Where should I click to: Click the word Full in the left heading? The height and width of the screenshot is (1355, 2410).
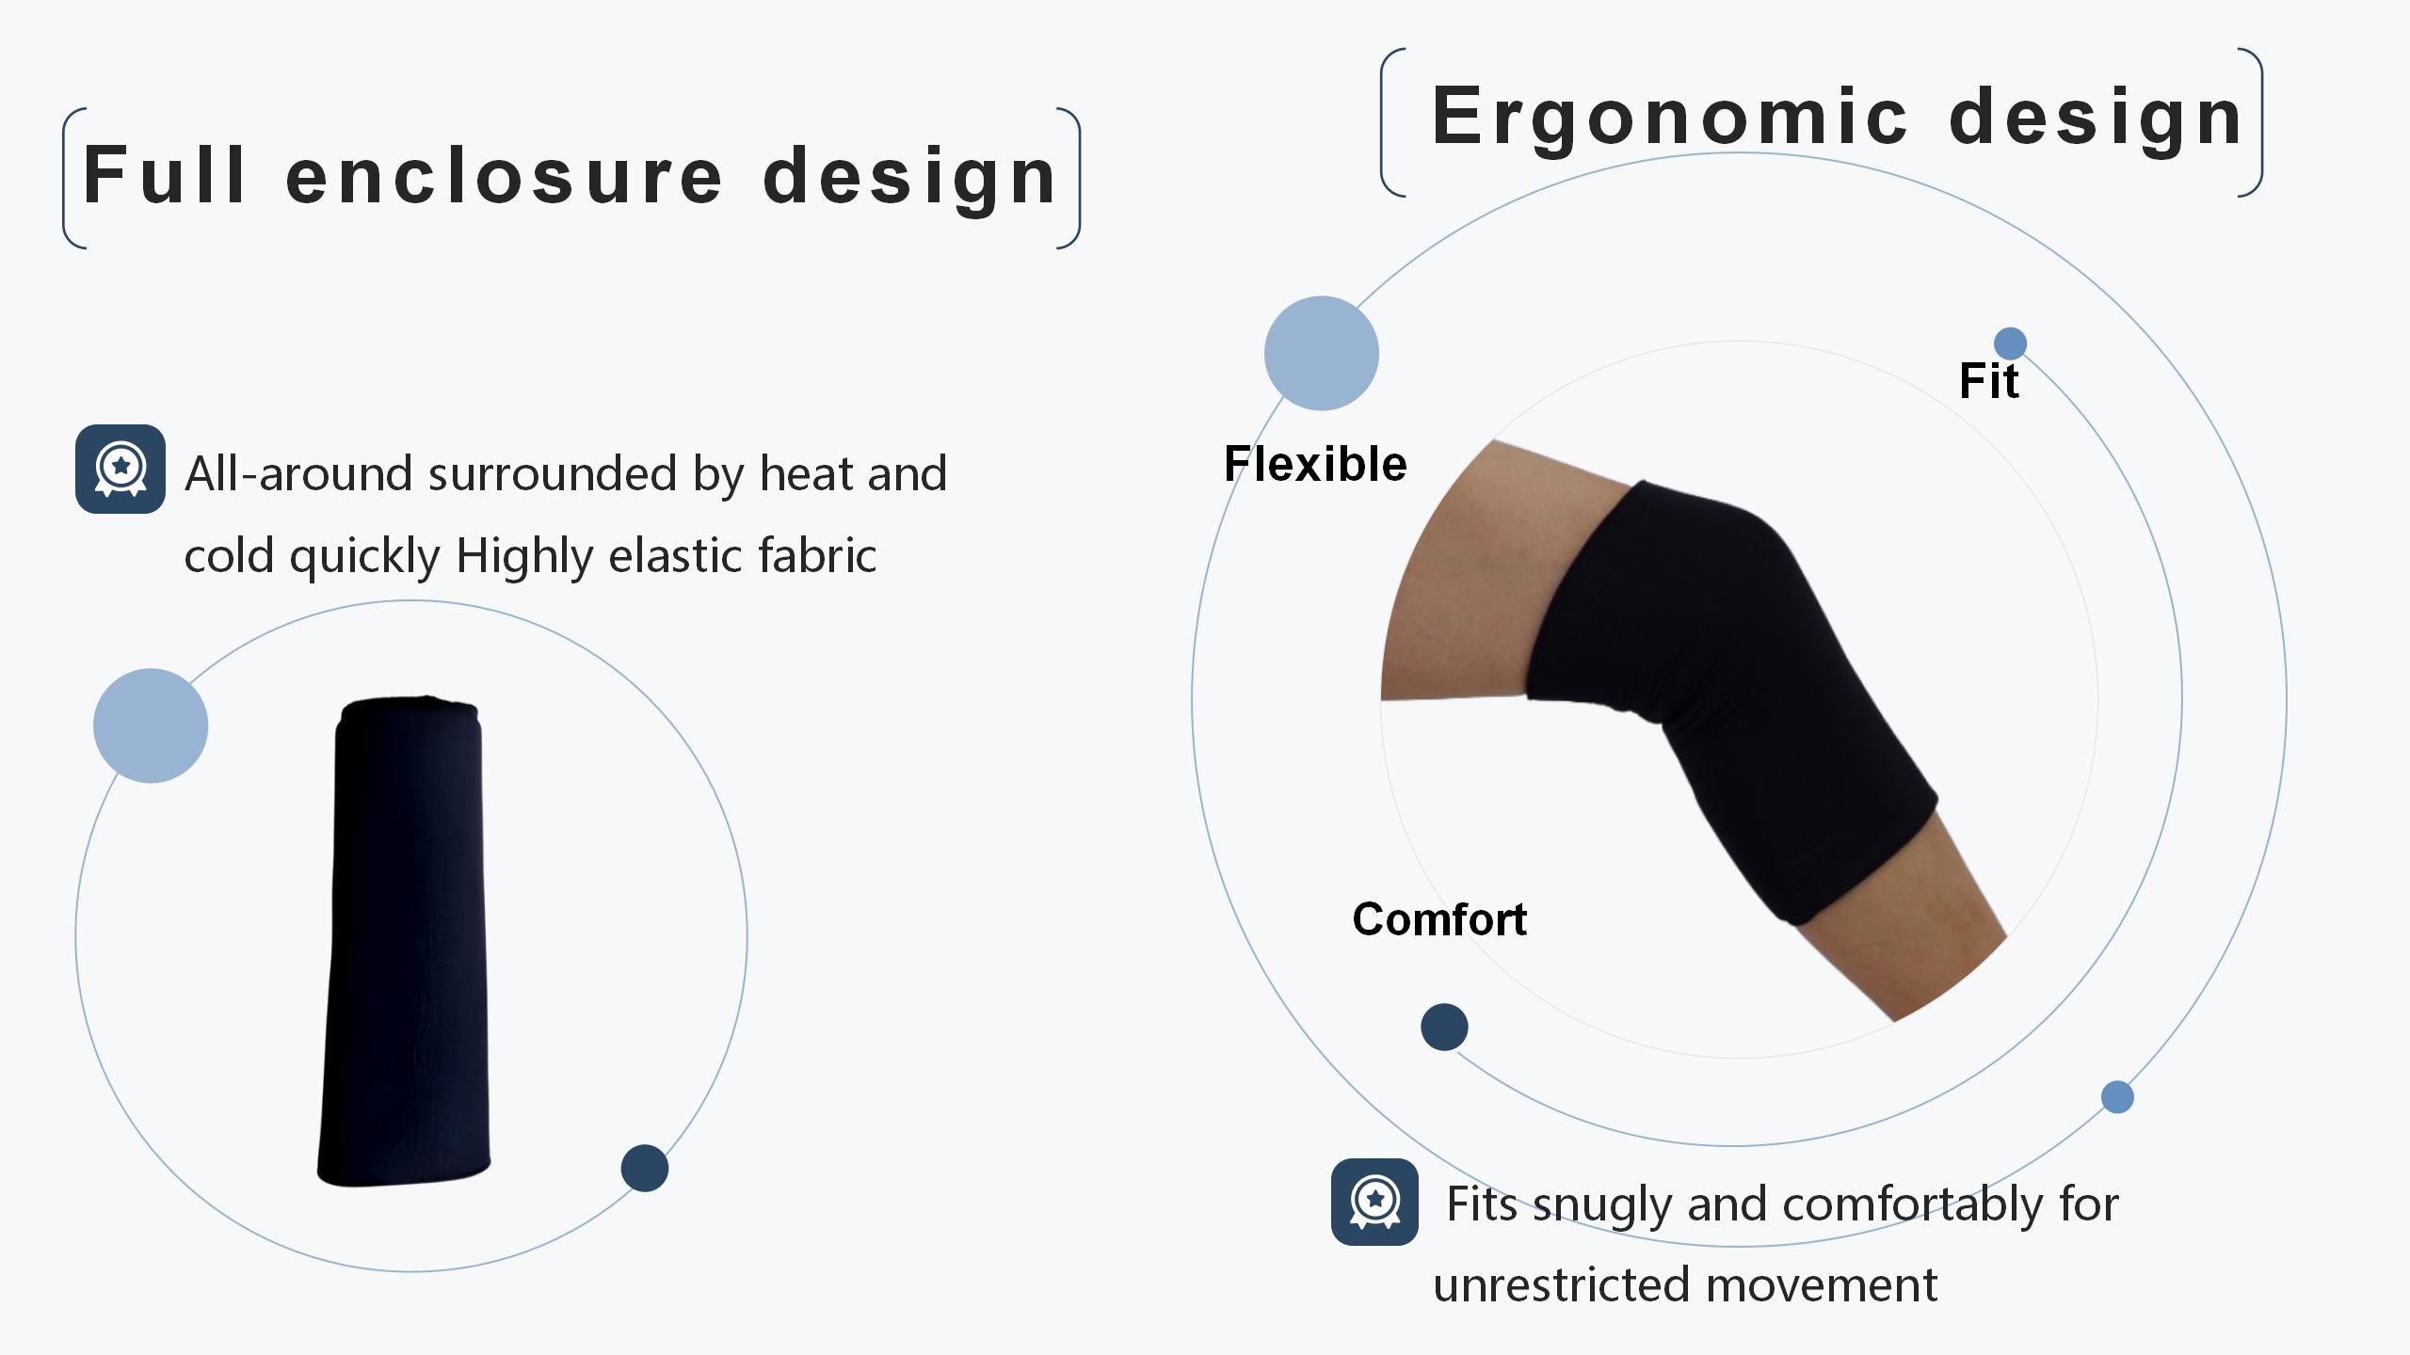[x=165, y=175]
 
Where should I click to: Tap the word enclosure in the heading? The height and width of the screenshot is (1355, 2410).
[x=505, y=176]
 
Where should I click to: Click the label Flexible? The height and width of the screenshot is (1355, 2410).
[x=1315, y=464]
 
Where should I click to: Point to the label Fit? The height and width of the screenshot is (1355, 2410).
[x=1989, y=381]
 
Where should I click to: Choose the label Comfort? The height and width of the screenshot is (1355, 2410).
[x=1439, y=919]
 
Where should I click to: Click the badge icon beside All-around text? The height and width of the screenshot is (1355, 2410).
[x=120, y=469]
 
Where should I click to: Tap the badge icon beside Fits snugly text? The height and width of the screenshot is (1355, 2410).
[x=1374, y=1202]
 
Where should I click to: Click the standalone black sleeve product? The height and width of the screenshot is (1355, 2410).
[x=405, y=941]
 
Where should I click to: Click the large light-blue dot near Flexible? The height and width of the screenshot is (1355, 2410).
[x=1322, y=354]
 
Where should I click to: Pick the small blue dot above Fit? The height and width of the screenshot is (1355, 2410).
[x=2010, y=343]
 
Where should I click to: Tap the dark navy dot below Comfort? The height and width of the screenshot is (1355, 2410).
[x=1444, y=1027]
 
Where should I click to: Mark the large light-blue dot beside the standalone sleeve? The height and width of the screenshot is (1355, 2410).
[x=151, y=725]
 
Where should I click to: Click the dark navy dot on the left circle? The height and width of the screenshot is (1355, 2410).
[x=645, y=1168]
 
